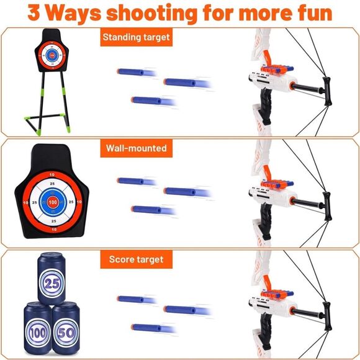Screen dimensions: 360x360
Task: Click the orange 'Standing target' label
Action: tap(136, 37)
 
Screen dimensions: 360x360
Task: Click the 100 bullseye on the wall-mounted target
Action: tap(52, 202)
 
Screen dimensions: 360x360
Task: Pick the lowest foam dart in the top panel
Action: tap(146, 100)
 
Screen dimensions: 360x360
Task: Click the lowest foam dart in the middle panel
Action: tap(146, 210)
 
